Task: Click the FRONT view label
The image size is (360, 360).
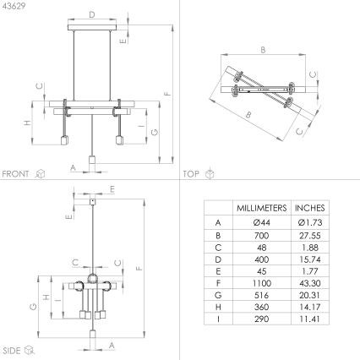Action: point(15,173)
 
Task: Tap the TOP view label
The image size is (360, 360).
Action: point(191,173)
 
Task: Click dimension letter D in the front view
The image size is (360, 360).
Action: point(91,14)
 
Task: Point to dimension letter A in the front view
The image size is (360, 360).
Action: point(74,167)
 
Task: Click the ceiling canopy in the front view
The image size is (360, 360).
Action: point(91,31)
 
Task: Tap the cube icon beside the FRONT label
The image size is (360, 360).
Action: point(40,173)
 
